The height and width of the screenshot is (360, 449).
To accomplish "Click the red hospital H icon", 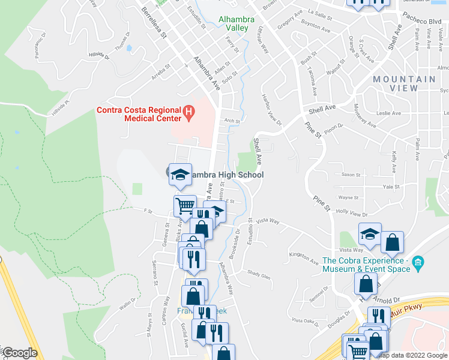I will [x=189, y=112].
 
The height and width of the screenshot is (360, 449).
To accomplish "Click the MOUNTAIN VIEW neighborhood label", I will [x=404, y=83].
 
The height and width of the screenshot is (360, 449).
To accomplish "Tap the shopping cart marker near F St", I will [x=185, y=206].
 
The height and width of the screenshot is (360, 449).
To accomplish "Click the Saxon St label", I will [x=351, y=175].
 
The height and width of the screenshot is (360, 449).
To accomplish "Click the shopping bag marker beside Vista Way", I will [x=392, y=243].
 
